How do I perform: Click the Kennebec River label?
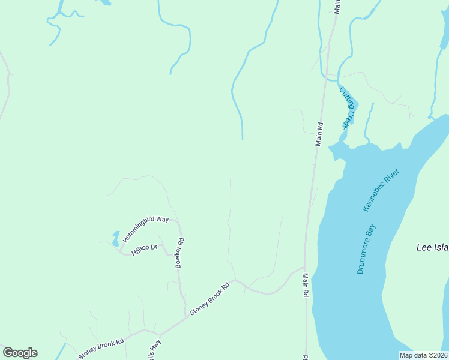coord(381,190)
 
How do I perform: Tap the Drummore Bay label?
coord(366,248)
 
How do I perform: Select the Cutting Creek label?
coord(347,108)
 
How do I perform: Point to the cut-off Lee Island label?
coord(432,247)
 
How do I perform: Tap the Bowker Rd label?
coord(179,253)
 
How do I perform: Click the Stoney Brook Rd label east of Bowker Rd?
coord(209,299)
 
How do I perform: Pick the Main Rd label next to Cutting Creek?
coord(319,134)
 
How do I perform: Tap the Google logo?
coord(20,353)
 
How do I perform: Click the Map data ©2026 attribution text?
coord(424,355)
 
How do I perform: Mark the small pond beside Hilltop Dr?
coord(115,239)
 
